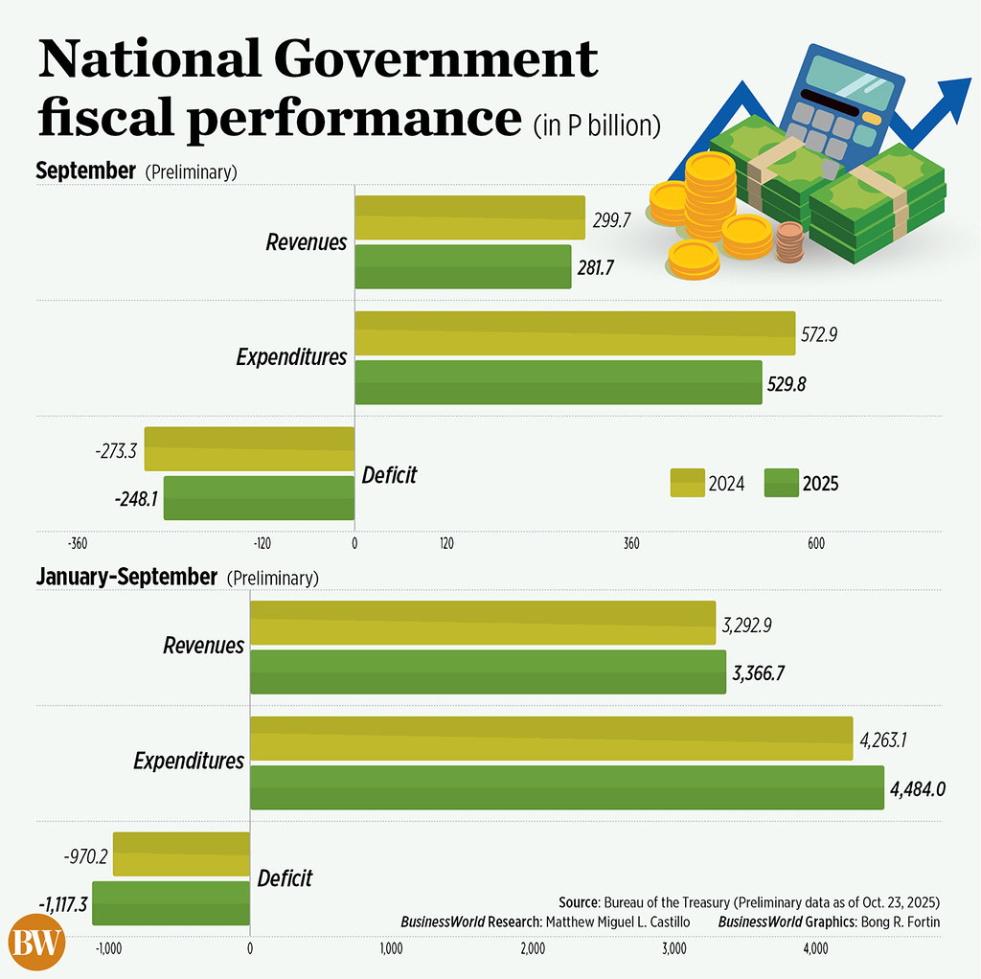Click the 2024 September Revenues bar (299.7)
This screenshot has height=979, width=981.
click(x=469, y=217)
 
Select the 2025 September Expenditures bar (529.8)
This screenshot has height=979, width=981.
click(x=559, y=382)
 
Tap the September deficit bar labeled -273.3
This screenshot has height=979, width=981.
click(x=249, y=448)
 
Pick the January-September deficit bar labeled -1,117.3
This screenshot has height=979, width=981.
click(x=171, y=903)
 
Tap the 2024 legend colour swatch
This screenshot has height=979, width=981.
click(x=685, y=484)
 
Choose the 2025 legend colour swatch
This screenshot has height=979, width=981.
click(x=781, y=484)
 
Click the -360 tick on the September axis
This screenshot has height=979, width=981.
click(x=79, y=544)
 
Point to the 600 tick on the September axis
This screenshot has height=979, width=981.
click(x=815, y=544)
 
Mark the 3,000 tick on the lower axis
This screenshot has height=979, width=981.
click(x=673, y=948)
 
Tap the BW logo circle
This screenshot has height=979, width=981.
click(x=37, y=945)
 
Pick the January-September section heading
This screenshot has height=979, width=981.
click(x=126, y=577)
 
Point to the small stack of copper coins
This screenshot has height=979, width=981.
click(x=789, y=243)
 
